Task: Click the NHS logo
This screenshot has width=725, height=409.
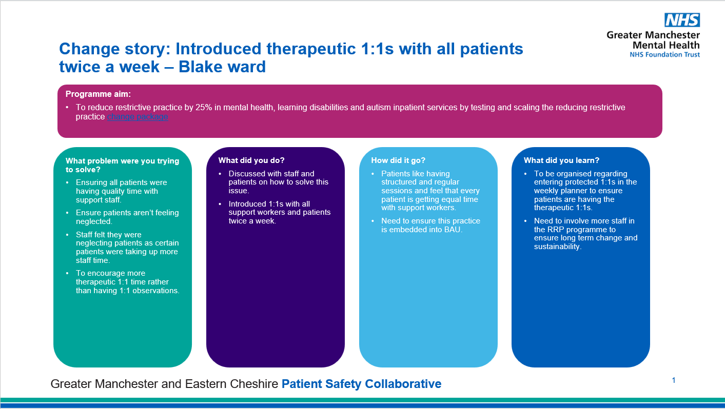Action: [682, 20]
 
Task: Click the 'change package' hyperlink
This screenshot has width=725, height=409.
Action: [138, 117]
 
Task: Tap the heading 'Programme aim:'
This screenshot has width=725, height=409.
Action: [98, 94]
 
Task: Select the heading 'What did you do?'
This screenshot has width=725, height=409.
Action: [251, 160]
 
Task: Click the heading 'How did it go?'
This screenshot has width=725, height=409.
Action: [398, 160]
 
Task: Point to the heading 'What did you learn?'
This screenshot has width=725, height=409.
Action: [561, 160]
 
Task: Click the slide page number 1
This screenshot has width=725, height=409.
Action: [674, 380]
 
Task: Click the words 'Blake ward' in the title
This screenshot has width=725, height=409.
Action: [222, 67]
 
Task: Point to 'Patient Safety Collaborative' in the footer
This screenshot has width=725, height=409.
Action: [361, 384]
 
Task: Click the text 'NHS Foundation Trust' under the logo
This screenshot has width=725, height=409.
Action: [665, 55]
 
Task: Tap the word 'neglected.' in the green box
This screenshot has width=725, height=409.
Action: [94, 221]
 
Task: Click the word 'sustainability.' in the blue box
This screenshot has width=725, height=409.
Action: [557, 247]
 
